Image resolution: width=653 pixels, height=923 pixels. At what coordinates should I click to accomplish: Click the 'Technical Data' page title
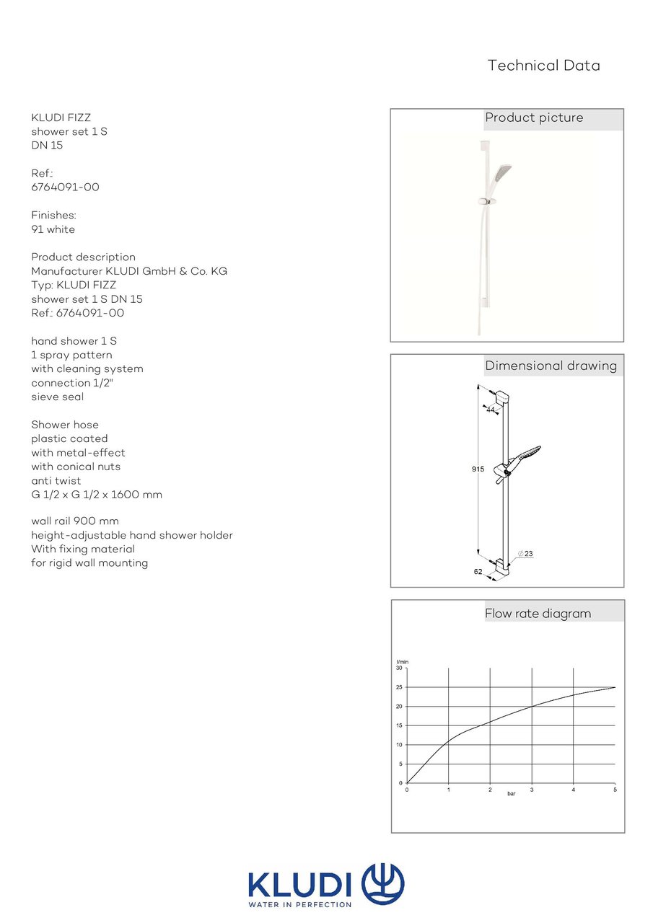[x=543, y=66]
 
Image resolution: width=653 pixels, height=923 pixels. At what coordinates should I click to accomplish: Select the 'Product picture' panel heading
[x=534, y=118]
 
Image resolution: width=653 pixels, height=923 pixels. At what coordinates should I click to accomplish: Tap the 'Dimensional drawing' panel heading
[x=551, y=366]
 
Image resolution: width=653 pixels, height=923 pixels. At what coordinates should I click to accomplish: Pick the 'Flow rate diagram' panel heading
[x=538, y=614]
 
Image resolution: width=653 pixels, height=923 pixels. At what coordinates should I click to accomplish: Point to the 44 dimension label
[x=491, y=410]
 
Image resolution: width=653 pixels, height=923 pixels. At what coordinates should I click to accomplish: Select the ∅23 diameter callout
[x=525, y=554]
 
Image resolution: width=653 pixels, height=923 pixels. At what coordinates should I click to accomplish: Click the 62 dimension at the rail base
[x=478, y=571]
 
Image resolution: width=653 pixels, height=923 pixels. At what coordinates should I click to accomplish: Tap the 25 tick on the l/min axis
[x=399, y=687]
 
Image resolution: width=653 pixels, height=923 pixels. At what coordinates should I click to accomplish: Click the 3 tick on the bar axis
[x=532, y=790]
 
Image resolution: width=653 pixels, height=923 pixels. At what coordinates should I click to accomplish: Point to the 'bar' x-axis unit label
[x=511, y=794]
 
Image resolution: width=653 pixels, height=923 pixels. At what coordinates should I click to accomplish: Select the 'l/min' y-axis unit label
[x=403, y=662]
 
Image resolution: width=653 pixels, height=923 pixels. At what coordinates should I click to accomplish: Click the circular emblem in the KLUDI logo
[x=382, y=884]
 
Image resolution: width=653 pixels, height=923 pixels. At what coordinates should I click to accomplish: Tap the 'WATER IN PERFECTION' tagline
[x=299, y=904]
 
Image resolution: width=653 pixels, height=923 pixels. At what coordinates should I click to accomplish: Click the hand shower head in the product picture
[x=502, y=175]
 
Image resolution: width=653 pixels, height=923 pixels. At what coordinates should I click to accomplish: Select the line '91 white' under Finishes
[x=53, y=229]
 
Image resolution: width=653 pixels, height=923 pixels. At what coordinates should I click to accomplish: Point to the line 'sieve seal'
[x=57, y=397]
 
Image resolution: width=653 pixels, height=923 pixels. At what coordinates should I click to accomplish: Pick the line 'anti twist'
[x=56, y=481]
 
